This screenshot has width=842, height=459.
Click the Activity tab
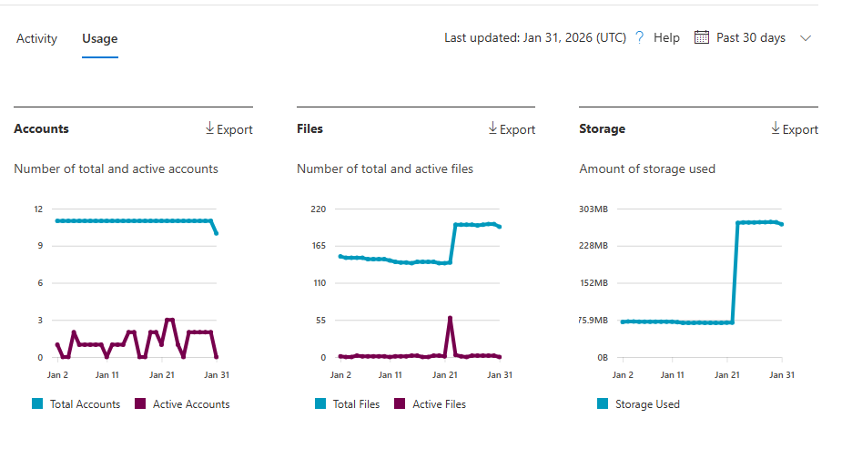pos(36,38)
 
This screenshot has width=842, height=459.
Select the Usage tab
pos(99,38)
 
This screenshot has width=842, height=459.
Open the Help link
pos(665,37)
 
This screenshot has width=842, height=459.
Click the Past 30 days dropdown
pos(752,37)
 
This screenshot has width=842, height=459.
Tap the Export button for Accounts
pos(228,129)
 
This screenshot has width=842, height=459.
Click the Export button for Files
pos(512,129)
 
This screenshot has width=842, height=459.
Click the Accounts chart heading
pos(41,128)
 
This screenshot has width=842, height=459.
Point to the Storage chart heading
pos(602,128)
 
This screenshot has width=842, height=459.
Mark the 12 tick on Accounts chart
pos(38,209)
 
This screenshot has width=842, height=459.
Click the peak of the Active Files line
pos(450,318)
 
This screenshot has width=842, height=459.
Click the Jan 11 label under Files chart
pos(391,374)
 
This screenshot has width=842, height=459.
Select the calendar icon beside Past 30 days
pos(701,37)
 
